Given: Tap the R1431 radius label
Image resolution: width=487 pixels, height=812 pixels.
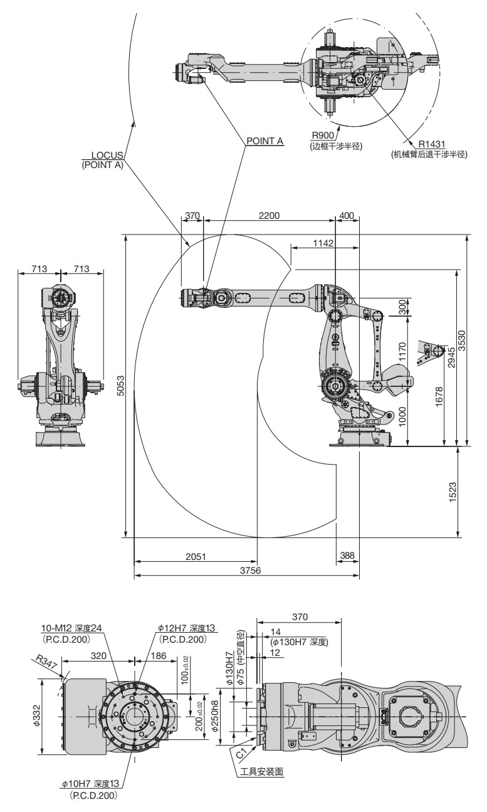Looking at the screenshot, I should coord(432,143).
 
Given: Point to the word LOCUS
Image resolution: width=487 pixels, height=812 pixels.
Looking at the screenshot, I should coord(107,155).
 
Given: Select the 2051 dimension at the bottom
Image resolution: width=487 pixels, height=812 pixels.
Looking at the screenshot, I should coord(197,556).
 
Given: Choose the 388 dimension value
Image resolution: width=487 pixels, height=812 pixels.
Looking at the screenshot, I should coord(347,556).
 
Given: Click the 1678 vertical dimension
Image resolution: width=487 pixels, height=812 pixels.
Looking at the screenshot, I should coord(439,399).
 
